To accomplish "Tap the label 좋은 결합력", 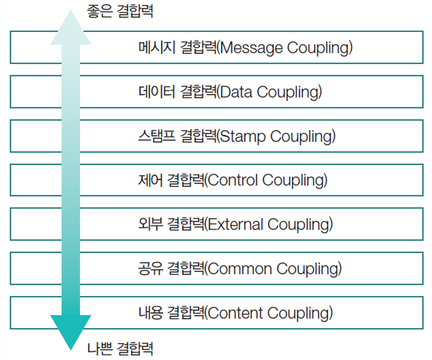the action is (x=120, y=12).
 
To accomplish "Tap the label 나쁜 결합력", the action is (x=120, y=348).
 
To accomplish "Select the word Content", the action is (x=235, y=312).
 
